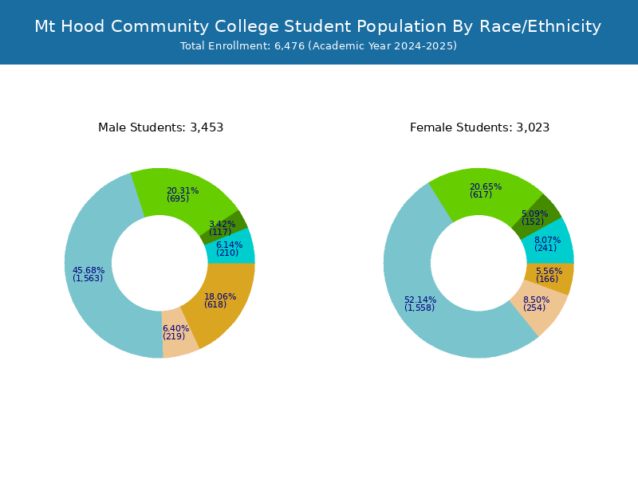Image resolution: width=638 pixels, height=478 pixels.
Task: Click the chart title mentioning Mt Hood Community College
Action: (x=318, y=26)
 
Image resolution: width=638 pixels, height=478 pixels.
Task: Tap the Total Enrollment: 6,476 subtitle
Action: (x=318, y=46)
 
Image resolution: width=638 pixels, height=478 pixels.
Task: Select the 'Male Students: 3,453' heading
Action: (x=160, y=127)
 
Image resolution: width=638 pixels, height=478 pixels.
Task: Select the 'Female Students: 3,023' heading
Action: (x=479, y=127)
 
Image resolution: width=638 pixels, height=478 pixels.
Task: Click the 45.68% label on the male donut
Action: (x=89, y=274)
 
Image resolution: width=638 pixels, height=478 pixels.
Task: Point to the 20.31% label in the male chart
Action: (x=182, y=194)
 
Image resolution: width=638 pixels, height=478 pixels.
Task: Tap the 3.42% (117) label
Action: (x=222, y=228)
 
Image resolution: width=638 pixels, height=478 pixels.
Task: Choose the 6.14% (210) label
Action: (x=228, y=249)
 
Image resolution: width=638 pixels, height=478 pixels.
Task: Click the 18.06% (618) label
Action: (x=219, y=300)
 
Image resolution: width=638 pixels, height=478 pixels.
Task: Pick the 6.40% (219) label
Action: (x=175, y=332)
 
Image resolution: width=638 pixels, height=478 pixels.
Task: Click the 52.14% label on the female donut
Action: (x=420, y=304)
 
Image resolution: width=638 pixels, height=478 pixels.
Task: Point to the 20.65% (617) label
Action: (x=485, y=190)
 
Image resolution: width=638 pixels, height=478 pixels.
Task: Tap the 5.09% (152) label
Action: (x=534, y=217)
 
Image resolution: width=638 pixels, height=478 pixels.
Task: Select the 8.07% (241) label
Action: (x=547, y=244)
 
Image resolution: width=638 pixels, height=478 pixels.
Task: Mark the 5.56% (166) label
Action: (x=549, y=275)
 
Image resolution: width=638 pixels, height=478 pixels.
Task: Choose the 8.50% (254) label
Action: (x=536, y=304)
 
